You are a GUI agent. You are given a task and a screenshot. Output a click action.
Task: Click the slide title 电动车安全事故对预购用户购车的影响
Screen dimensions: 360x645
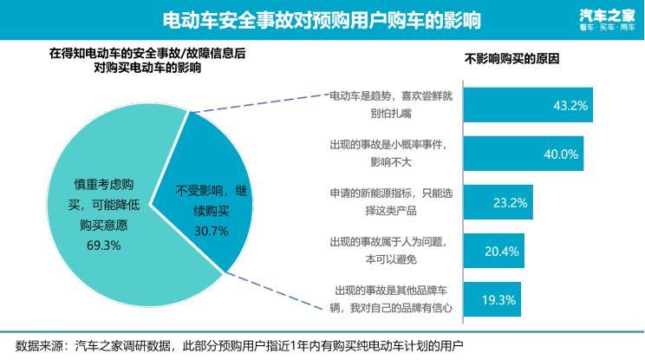point(322,19)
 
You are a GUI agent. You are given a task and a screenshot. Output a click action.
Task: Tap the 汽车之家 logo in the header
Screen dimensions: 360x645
point(606,19)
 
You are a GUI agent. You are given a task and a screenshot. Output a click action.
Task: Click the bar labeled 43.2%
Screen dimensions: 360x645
point(528,105)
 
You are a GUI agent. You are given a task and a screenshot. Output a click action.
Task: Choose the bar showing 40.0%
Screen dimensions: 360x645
point(523,154)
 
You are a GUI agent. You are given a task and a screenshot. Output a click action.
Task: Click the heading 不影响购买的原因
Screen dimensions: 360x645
point(511,60)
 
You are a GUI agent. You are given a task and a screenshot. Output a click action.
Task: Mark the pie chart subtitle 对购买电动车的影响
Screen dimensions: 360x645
point(147,68)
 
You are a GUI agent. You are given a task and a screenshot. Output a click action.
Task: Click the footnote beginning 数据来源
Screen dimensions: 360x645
point(234,345)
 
